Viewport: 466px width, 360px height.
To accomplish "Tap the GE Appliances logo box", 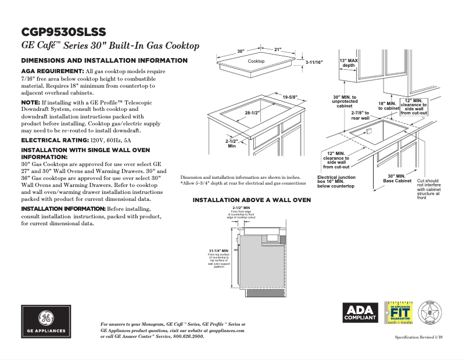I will pyautogui.click(x=46, y=321).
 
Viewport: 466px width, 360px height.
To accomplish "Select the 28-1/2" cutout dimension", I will pyautogui.click(x=252, y=112).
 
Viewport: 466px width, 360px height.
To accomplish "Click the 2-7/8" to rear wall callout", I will pyautogui.click(x=360, y=115).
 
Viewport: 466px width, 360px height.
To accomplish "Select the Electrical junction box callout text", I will pyautogui.click(x=336, y=182).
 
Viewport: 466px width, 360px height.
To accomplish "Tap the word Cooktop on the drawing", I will pyautogui.click(x=256, y=61).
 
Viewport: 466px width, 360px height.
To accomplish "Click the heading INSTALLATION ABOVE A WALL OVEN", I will pyautogui.click(x=252, y=200).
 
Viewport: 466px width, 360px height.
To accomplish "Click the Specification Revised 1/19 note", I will pyautogui.click(x=422, y=337).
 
